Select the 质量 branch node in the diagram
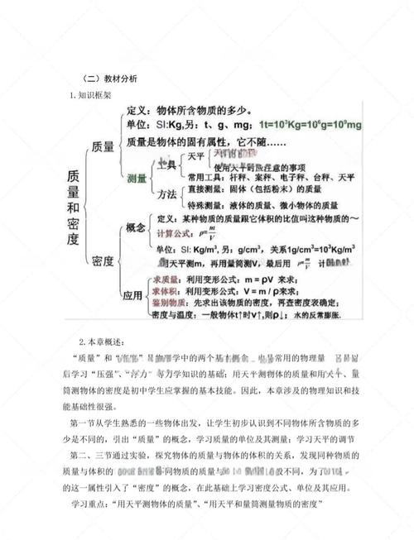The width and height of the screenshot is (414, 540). (x=109, y=146)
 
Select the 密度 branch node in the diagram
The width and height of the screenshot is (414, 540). (x=103, y=260)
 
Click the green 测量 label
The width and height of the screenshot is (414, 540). (x=138, y=179)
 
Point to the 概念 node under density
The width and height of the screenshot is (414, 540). (x=135, y=227)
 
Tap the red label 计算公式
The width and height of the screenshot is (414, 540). (x=174, y=232)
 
